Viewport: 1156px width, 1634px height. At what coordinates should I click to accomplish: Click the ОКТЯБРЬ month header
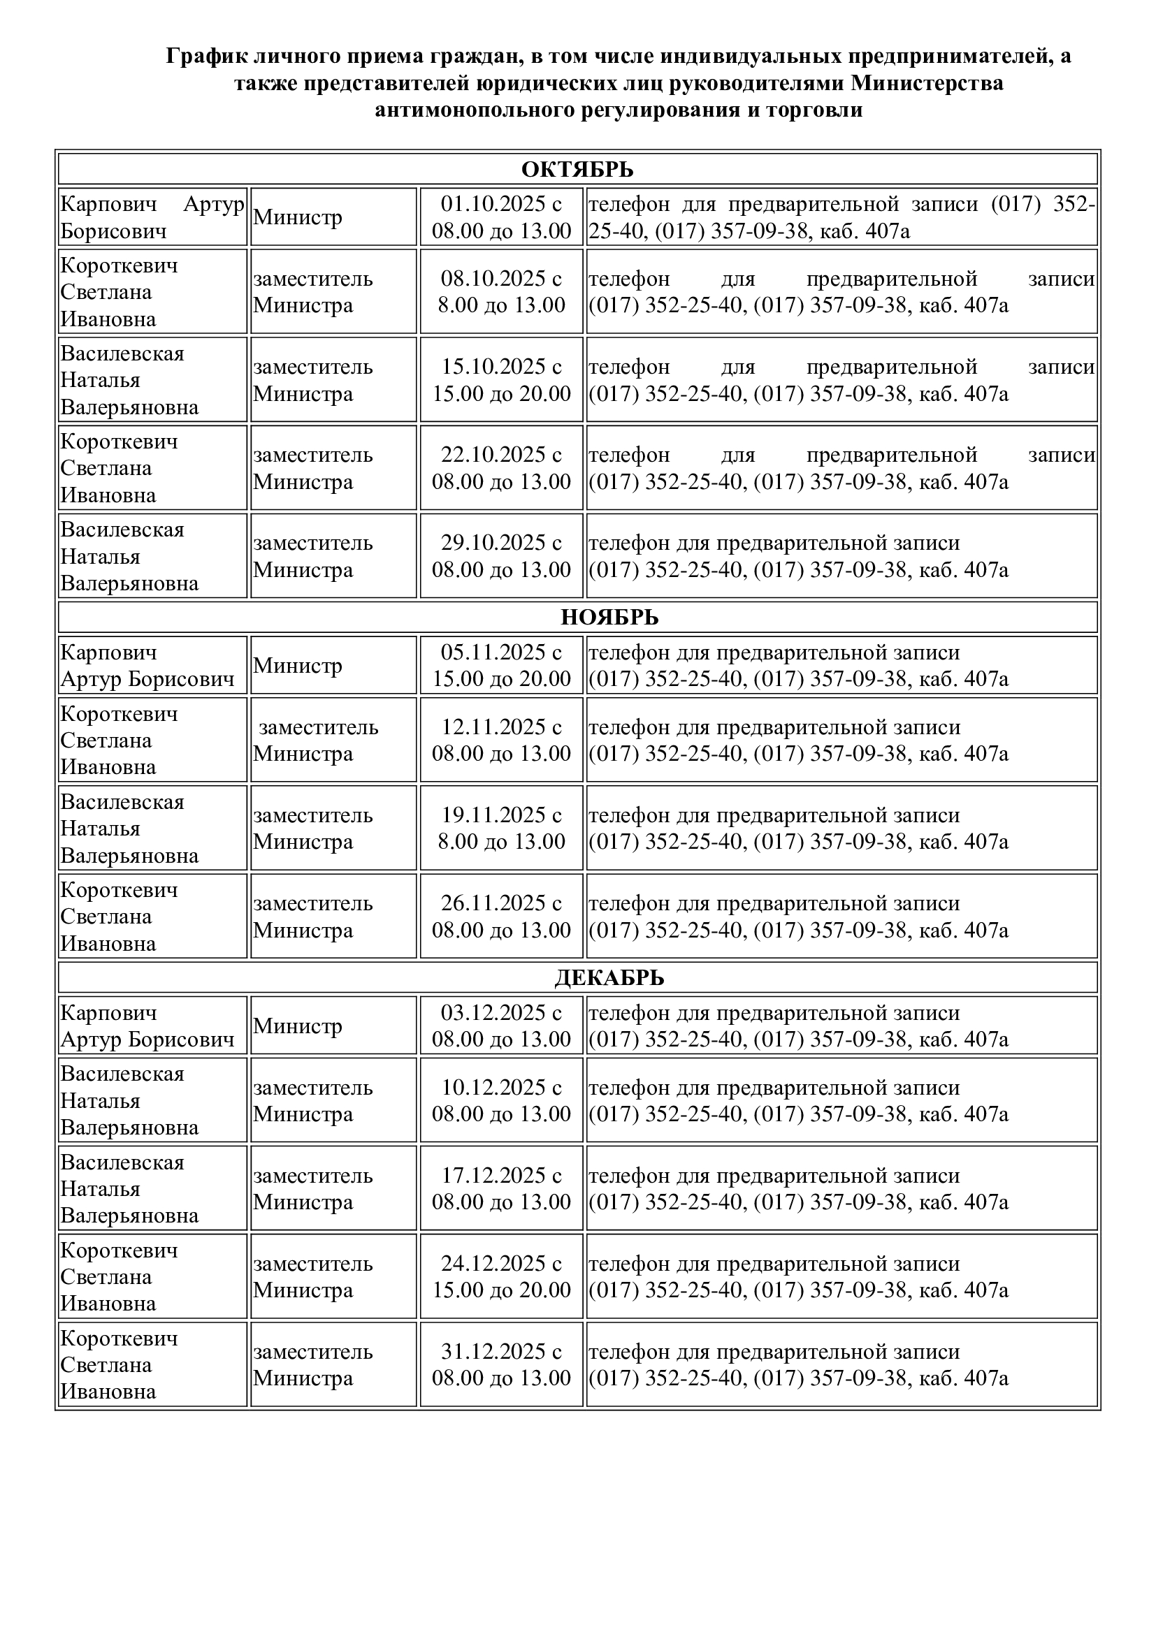point(577,169)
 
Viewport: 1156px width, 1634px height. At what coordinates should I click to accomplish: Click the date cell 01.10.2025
point(501,217)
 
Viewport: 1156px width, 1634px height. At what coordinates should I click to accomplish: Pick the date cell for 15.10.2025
point(501,379)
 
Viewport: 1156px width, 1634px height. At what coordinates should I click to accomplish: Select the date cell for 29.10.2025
point(501,556)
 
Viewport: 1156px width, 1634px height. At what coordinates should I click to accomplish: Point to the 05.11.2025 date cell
point(501,664)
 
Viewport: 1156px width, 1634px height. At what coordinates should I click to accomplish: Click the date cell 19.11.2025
point(501,828)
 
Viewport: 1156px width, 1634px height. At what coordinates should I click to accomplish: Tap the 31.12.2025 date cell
point(501,1364)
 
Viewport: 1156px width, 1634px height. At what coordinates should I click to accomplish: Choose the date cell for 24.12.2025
point(501,1276)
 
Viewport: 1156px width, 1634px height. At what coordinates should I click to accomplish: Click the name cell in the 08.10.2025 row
point(152,292)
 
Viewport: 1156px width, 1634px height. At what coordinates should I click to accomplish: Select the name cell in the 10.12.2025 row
point(152,1100)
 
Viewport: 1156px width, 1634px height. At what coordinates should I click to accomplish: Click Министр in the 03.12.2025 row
point(298,1026)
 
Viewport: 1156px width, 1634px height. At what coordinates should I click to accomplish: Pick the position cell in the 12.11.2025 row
point(333,740)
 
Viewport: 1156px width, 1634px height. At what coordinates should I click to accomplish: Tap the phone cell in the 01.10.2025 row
point(841,217)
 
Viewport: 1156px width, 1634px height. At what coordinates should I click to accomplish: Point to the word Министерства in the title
point(927,83)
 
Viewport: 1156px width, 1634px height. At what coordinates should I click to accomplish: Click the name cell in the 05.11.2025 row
point(152,664)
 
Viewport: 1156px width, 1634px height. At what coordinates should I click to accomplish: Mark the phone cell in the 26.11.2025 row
point(841,916)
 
